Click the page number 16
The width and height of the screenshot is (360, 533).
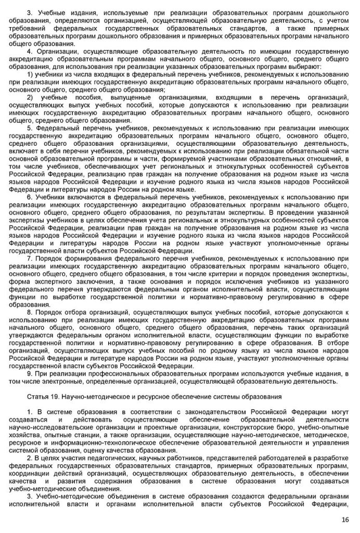tap(345, 519)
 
